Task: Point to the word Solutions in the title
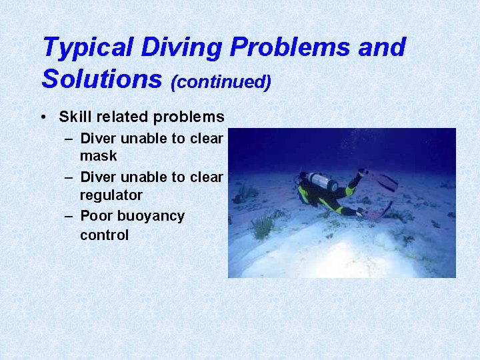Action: coord(102,79)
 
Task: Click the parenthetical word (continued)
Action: coord(221,81)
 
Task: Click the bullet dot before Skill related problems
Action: coord(43,117)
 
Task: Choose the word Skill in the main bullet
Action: coord(73,117)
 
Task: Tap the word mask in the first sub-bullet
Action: coord(98,156)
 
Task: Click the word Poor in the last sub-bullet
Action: coord(95,216)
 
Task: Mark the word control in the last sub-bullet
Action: coord(104,235)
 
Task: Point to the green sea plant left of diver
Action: coord(263,227)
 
